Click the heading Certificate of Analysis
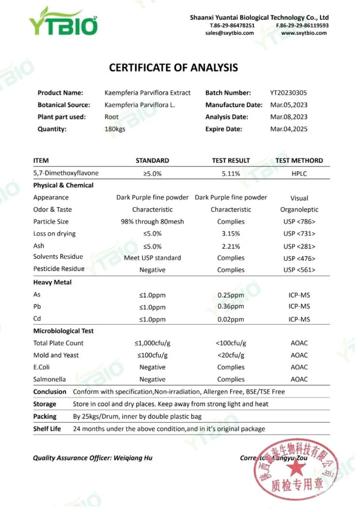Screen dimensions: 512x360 [173, 68]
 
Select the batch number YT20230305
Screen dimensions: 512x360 [288, 93]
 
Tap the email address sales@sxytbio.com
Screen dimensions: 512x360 [229, 33]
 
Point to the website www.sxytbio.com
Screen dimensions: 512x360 [304, 33]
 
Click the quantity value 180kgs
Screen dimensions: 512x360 [115, 129]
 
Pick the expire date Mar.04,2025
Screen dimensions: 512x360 [288, 129]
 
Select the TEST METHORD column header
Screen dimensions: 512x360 [299, 161]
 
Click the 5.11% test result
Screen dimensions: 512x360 [231, 173]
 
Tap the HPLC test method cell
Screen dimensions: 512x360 [299, 173]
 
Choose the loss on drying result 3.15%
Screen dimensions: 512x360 [231, 234]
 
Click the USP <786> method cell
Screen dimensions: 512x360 [299, 222]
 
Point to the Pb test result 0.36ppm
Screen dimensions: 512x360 [231, 306]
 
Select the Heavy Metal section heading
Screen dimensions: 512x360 [52, 282]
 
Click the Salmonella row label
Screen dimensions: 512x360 [50, 379]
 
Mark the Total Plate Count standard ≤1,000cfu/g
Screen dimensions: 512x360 [152, 343]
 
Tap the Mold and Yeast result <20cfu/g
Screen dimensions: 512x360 [231, 355]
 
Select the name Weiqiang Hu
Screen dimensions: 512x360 [133, 458]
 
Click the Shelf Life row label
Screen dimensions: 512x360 [47, 429]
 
